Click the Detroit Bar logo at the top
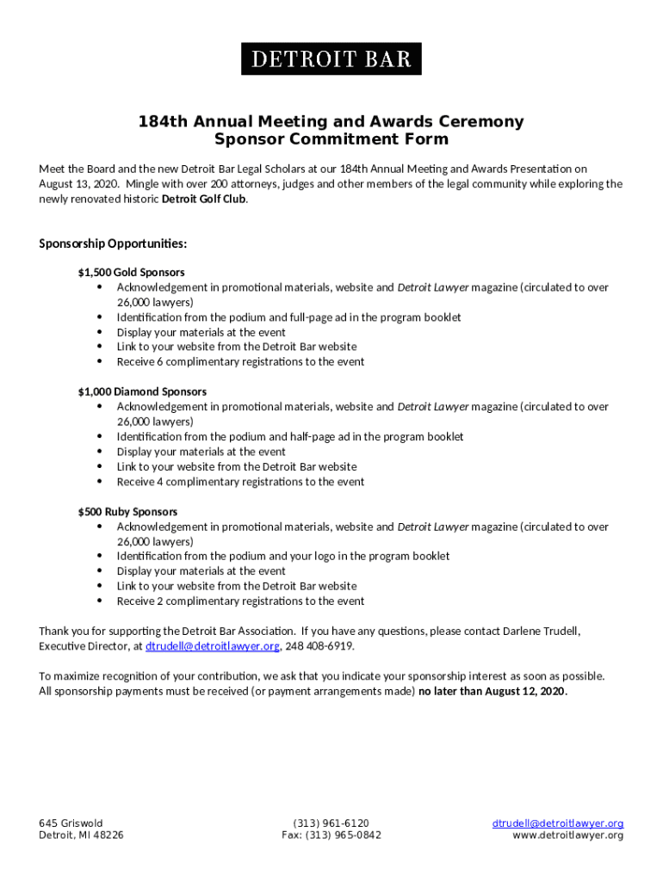[331, 59]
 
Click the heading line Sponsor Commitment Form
[331, 139]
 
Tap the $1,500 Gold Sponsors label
[131, 273]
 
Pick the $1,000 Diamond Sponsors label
[142, 391]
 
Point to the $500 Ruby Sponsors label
[127, 511]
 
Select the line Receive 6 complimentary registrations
[240, 362]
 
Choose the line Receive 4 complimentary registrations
[240, 482]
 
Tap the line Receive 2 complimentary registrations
[240, 601]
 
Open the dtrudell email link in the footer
[557, 823]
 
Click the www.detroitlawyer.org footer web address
[567, 835]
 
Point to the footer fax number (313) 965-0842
[331, 835]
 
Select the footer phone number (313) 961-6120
[331, 823]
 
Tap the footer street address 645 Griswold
[71, 823]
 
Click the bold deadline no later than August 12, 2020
[493, 691]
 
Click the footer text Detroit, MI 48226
[81, 835]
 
